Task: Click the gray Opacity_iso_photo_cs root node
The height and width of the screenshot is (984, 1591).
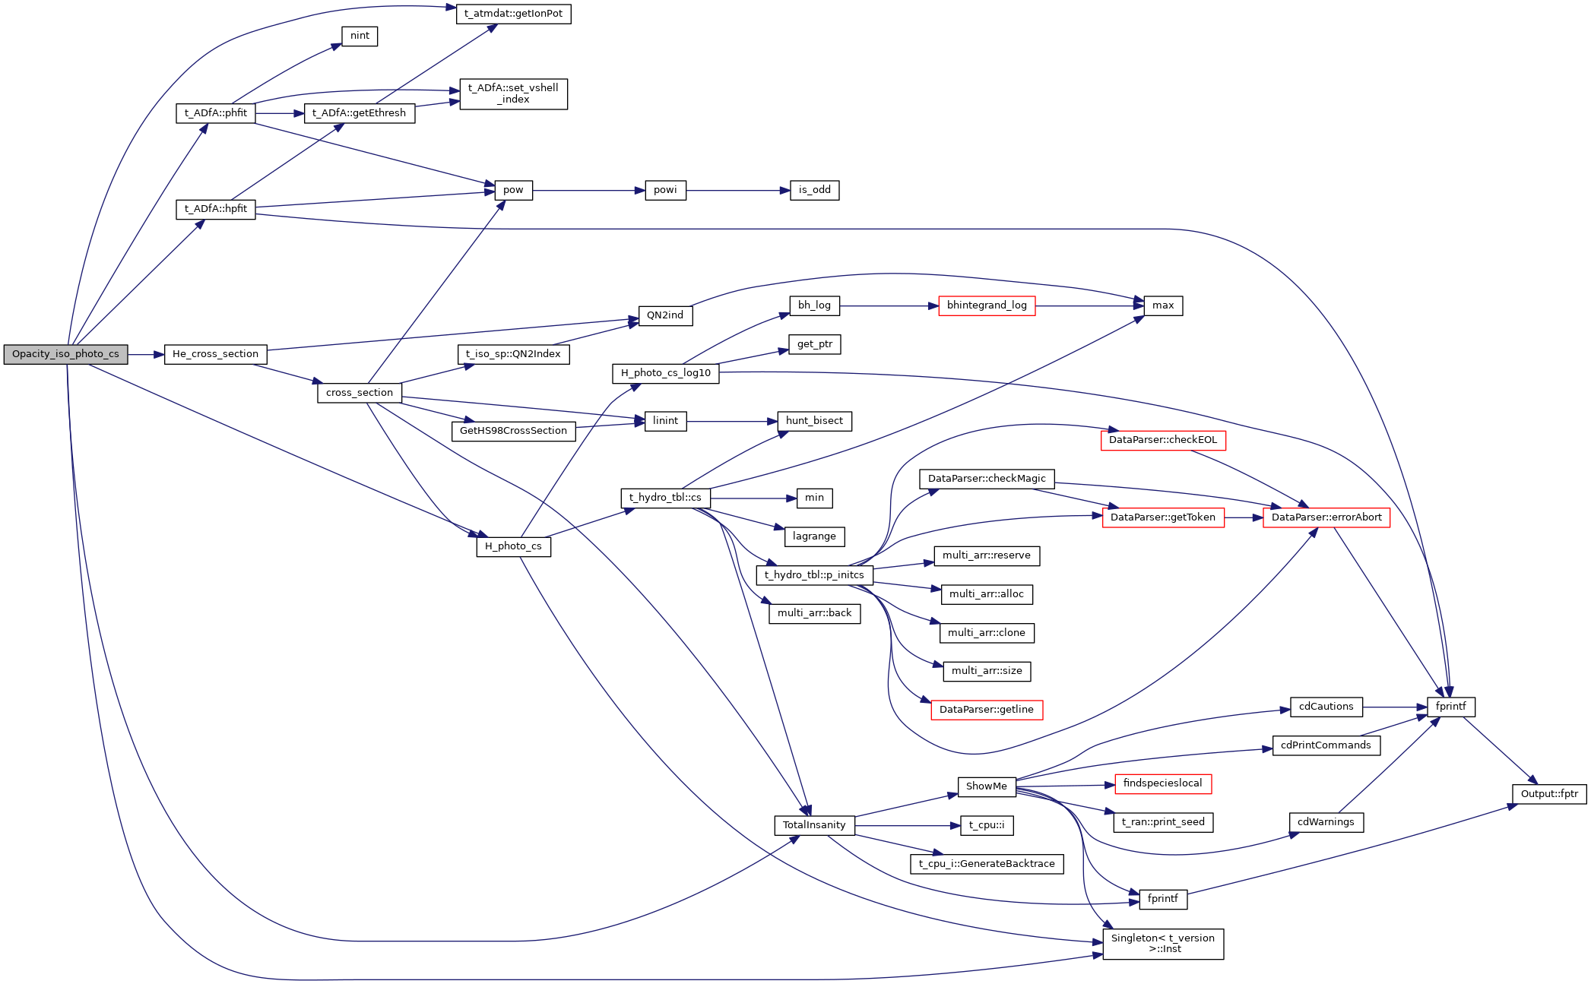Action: click(65, 354)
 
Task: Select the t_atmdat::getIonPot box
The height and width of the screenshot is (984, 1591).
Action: click(513, 14)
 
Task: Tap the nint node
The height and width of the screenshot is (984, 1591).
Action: click(360, 36)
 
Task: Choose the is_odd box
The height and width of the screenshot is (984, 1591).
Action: click(814, 190)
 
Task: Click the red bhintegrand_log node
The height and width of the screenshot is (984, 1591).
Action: click(986, 305)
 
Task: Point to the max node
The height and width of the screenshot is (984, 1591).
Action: click(1162, 305)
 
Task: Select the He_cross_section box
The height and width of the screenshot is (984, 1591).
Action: click(215, 354)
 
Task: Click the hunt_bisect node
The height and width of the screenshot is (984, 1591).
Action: click(813, 421)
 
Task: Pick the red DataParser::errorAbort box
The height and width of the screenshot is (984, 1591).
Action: click(1326, 517)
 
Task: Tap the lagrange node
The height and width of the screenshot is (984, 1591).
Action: click(813, 536)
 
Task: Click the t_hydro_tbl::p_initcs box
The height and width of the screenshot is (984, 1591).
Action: click(813, 575)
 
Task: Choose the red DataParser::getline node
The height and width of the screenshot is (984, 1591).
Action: click(986, 710)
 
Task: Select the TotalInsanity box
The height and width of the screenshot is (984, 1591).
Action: click(813, 825)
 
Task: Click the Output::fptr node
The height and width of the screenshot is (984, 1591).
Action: click(1548, 794)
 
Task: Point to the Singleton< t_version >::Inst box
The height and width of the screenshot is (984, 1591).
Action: click(1162, 944)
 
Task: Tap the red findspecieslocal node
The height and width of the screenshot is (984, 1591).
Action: click(1162, 783)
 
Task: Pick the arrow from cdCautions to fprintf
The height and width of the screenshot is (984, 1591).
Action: click(1395, 707)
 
